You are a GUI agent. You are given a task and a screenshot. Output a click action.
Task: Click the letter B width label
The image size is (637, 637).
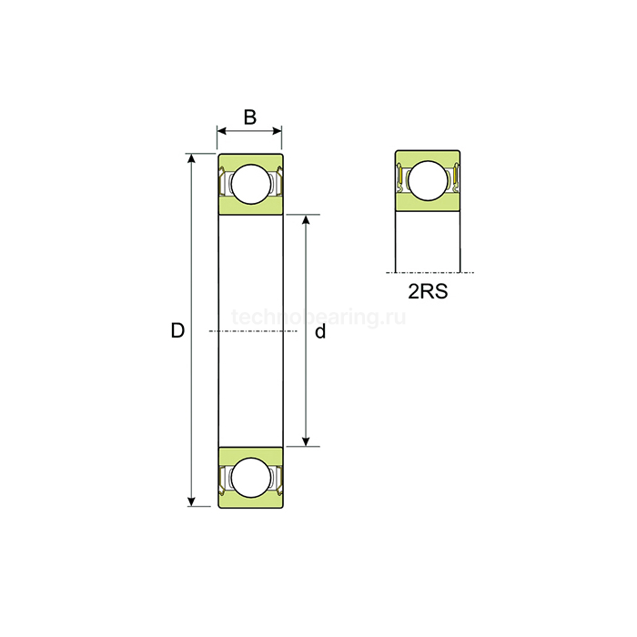click(x=249, y=117)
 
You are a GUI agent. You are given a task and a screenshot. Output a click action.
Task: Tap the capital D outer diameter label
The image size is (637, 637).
click(x=177, y=331)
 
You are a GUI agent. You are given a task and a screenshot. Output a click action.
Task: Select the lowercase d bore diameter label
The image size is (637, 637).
click(x=320, y=332)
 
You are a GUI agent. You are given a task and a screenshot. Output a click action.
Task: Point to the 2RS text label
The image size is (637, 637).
click(x=427, y=293)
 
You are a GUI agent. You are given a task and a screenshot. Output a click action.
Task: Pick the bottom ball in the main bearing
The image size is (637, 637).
click(x=249, y=477)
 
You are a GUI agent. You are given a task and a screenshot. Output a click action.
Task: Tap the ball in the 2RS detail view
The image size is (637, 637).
click(x=427, y=179)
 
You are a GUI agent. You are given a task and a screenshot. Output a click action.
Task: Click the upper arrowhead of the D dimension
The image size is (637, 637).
click(x=191, y=160)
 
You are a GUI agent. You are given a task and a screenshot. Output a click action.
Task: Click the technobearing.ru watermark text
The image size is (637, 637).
click(x=318, y=317)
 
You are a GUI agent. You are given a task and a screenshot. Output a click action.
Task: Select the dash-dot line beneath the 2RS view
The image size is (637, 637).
click(x=428, y=271)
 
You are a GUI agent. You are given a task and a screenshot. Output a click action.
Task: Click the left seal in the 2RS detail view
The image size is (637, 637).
click(x=399, y=177)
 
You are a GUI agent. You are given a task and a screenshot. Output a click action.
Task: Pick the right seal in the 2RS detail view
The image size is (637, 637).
click(x=455, y=177)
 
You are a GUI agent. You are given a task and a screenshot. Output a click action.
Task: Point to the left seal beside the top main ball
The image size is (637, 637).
click(x=224, y=184)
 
